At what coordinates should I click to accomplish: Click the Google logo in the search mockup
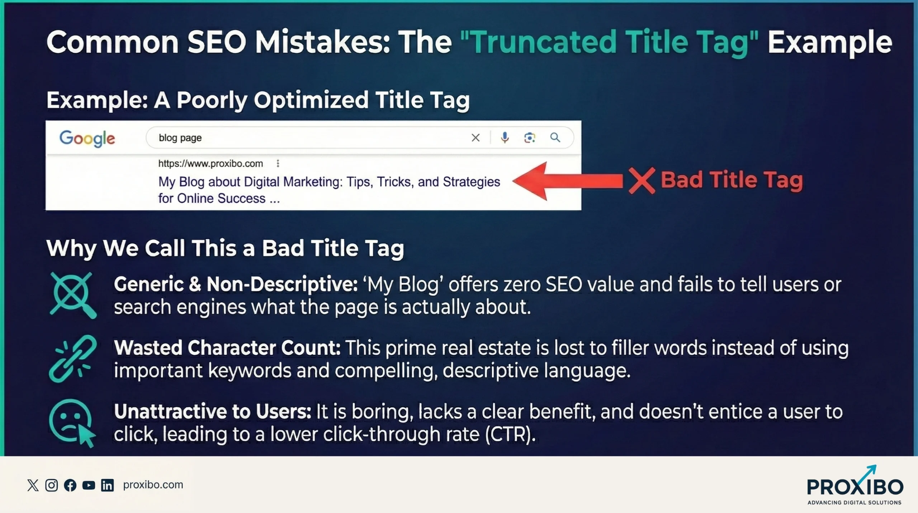click(87, 138)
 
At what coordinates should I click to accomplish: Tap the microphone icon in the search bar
click(505, 137)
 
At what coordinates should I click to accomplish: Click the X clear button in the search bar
click(475, 137)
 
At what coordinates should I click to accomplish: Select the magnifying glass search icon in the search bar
click(555, 137)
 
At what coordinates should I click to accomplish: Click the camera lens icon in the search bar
click(530, 137)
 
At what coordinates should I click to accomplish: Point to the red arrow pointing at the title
click(567, 181)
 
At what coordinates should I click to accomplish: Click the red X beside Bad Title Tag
click(642, 181)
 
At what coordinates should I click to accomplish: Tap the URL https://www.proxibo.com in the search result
click(210, 164)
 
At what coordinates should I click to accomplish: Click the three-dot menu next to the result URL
click(278, 164)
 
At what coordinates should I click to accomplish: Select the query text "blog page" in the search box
click(180, 138)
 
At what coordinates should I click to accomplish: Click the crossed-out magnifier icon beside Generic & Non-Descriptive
click(73, 295)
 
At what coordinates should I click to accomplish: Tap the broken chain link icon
click(73, 358)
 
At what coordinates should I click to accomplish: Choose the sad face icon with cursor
click(72, 423)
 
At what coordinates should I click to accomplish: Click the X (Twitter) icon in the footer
click(33, 485)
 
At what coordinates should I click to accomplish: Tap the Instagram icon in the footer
click(52, 485)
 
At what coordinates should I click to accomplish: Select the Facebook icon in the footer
click(70, 485)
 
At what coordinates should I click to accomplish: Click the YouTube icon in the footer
click(89, 485)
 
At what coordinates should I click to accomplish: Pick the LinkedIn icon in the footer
click(107, 485)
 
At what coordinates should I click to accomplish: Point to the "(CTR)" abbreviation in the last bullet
click(510, 434)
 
